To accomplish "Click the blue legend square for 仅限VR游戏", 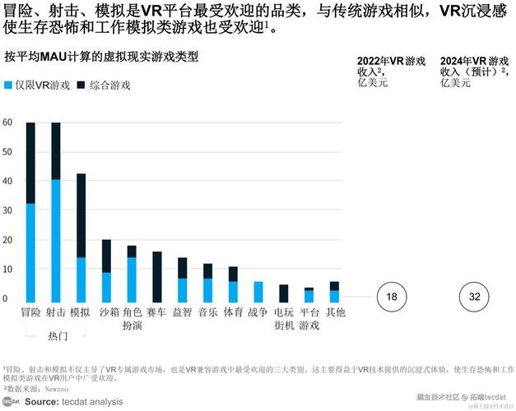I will point(8,85).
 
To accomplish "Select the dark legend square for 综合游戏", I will point(81,85).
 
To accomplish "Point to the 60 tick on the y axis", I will point(7,123).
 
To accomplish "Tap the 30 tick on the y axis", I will point(7,211).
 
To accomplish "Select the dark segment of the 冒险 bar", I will point(30,163).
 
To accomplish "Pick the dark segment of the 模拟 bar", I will point(81,215).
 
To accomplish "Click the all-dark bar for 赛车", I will point(156,276).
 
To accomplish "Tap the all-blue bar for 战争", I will point(258,291).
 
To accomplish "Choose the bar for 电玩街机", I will point(283,293).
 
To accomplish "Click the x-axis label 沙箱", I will point(106,312).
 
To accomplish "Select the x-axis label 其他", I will point(334,312).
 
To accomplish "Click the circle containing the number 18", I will point(392,296).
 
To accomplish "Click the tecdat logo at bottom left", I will point(11,402).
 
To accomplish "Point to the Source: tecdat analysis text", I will point(73,402).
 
